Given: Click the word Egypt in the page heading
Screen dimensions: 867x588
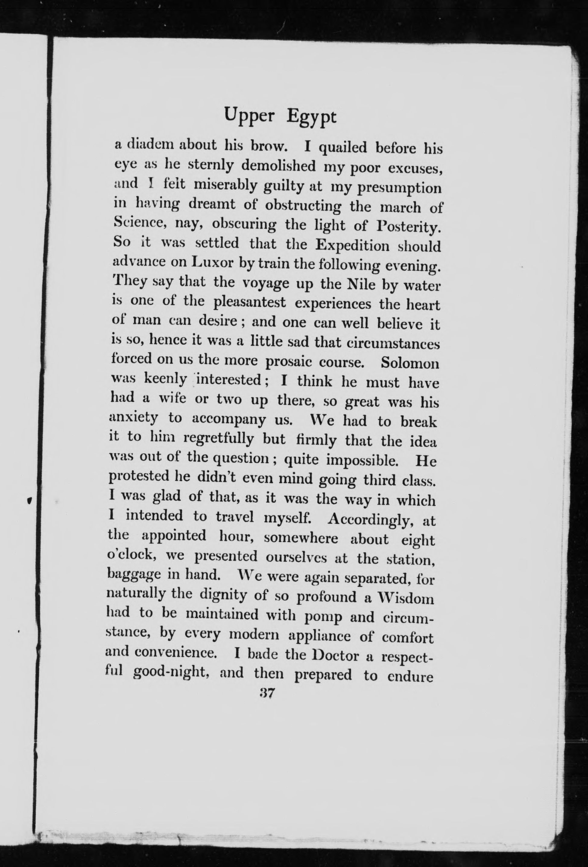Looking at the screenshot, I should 311,117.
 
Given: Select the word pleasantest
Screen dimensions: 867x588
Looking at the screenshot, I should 250,302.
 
